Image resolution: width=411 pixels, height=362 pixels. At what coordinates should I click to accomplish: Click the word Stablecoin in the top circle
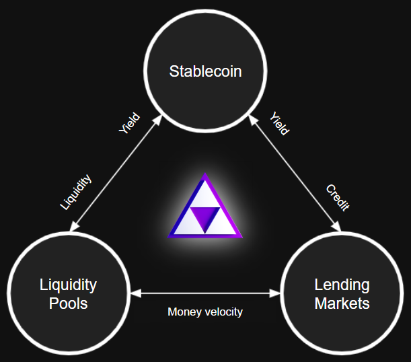tap(205, 71)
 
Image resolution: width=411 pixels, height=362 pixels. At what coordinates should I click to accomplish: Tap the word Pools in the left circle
tap(68, 303)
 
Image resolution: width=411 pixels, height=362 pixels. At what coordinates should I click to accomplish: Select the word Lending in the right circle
tap(342, 285)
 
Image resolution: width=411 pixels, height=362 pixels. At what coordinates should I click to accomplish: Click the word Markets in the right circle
tap(342, 303)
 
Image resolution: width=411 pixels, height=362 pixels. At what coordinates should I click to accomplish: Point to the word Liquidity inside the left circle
tap(68, 285)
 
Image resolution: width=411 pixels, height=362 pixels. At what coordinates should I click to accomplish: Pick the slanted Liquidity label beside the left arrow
tap(76, 192)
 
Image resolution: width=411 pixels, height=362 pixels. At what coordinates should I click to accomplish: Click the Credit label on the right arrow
tap(338, 198)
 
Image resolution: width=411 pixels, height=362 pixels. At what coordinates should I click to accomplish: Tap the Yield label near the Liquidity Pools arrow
tap(129, 123)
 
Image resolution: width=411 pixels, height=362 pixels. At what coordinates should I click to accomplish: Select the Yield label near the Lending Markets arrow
tap(280, 123)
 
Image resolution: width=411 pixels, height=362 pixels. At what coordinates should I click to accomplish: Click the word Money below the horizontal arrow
tap(184, 312)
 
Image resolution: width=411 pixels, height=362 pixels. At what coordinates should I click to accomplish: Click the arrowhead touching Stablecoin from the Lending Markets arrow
tap(253, 120)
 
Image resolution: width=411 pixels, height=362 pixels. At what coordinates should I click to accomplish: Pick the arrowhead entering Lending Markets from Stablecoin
tap(336, 226)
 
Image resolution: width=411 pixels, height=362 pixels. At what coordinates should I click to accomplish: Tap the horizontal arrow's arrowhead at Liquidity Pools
tap(135, 293)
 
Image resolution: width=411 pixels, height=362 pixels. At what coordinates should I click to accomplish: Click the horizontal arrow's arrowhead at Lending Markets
tap(275, 293)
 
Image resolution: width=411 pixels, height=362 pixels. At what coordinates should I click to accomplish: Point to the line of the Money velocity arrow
tap(205, 293)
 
